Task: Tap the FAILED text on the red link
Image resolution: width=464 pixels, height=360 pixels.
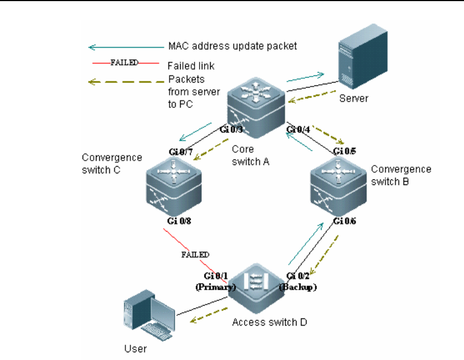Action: click(x=195, y=255)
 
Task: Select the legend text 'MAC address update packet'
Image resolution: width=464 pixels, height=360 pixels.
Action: click(x=232, y=47)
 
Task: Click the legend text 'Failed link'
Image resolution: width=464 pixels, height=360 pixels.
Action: click(x=191, y=66)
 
